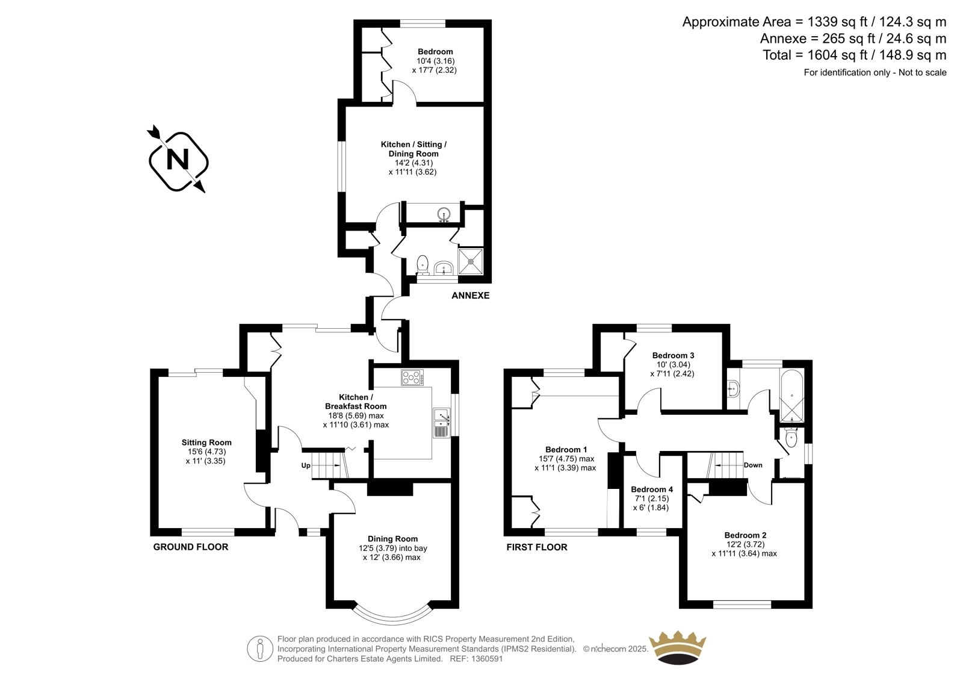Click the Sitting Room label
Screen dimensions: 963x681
tap(206, 442)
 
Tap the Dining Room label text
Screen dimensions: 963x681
tap(392, 539)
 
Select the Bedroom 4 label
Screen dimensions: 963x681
tap(652, 489)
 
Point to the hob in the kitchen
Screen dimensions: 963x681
tap(412, 378)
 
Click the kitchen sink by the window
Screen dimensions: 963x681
tap(442, 423)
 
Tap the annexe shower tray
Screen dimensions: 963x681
tap(471, 261)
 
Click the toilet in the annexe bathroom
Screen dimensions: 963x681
tap(423, 264)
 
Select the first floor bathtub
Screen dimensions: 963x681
tap(791, 396)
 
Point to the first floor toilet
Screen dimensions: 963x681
tap(791, 438)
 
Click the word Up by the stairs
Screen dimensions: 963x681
tap(306, 465)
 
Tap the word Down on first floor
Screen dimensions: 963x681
tap(753, 465)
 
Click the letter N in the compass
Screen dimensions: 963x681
tap(178, 160)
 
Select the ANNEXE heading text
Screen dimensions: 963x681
tap(470, 296)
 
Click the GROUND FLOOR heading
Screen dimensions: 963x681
tap(190, 547)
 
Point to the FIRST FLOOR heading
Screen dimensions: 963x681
tap(536, 547)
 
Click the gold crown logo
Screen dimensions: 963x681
tap(677, 648)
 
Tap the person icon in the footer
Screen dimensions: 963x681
tap(259, 648)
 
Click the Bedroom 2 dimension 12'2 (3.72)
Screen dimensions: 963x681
tap(744, 544)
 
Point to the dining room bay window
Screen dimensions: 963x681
tap(392, 620)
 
